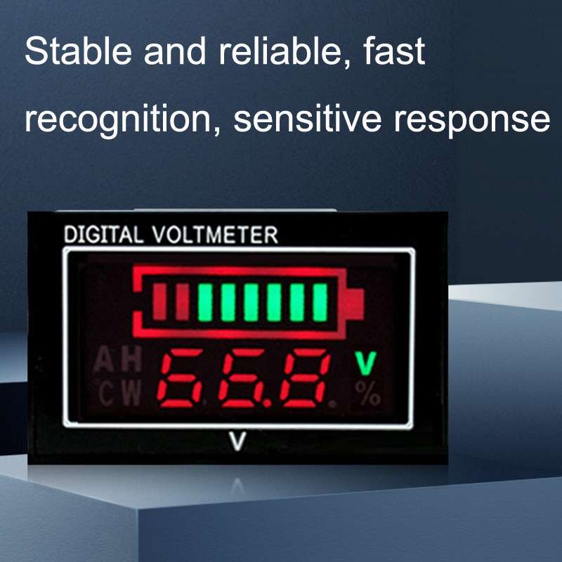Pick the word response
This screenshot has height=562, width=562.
(471, 119)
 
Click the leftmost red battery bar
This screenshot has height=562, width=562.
(159, 301)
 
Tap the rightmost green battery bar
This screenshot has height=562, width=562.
(320, 301)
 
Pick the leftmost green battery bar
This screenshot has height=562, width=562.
(205, 301)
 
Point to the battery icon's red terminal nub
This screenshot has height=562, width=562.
(355, 303)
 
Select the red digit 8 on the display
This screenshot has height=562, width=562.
(308, 380)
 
